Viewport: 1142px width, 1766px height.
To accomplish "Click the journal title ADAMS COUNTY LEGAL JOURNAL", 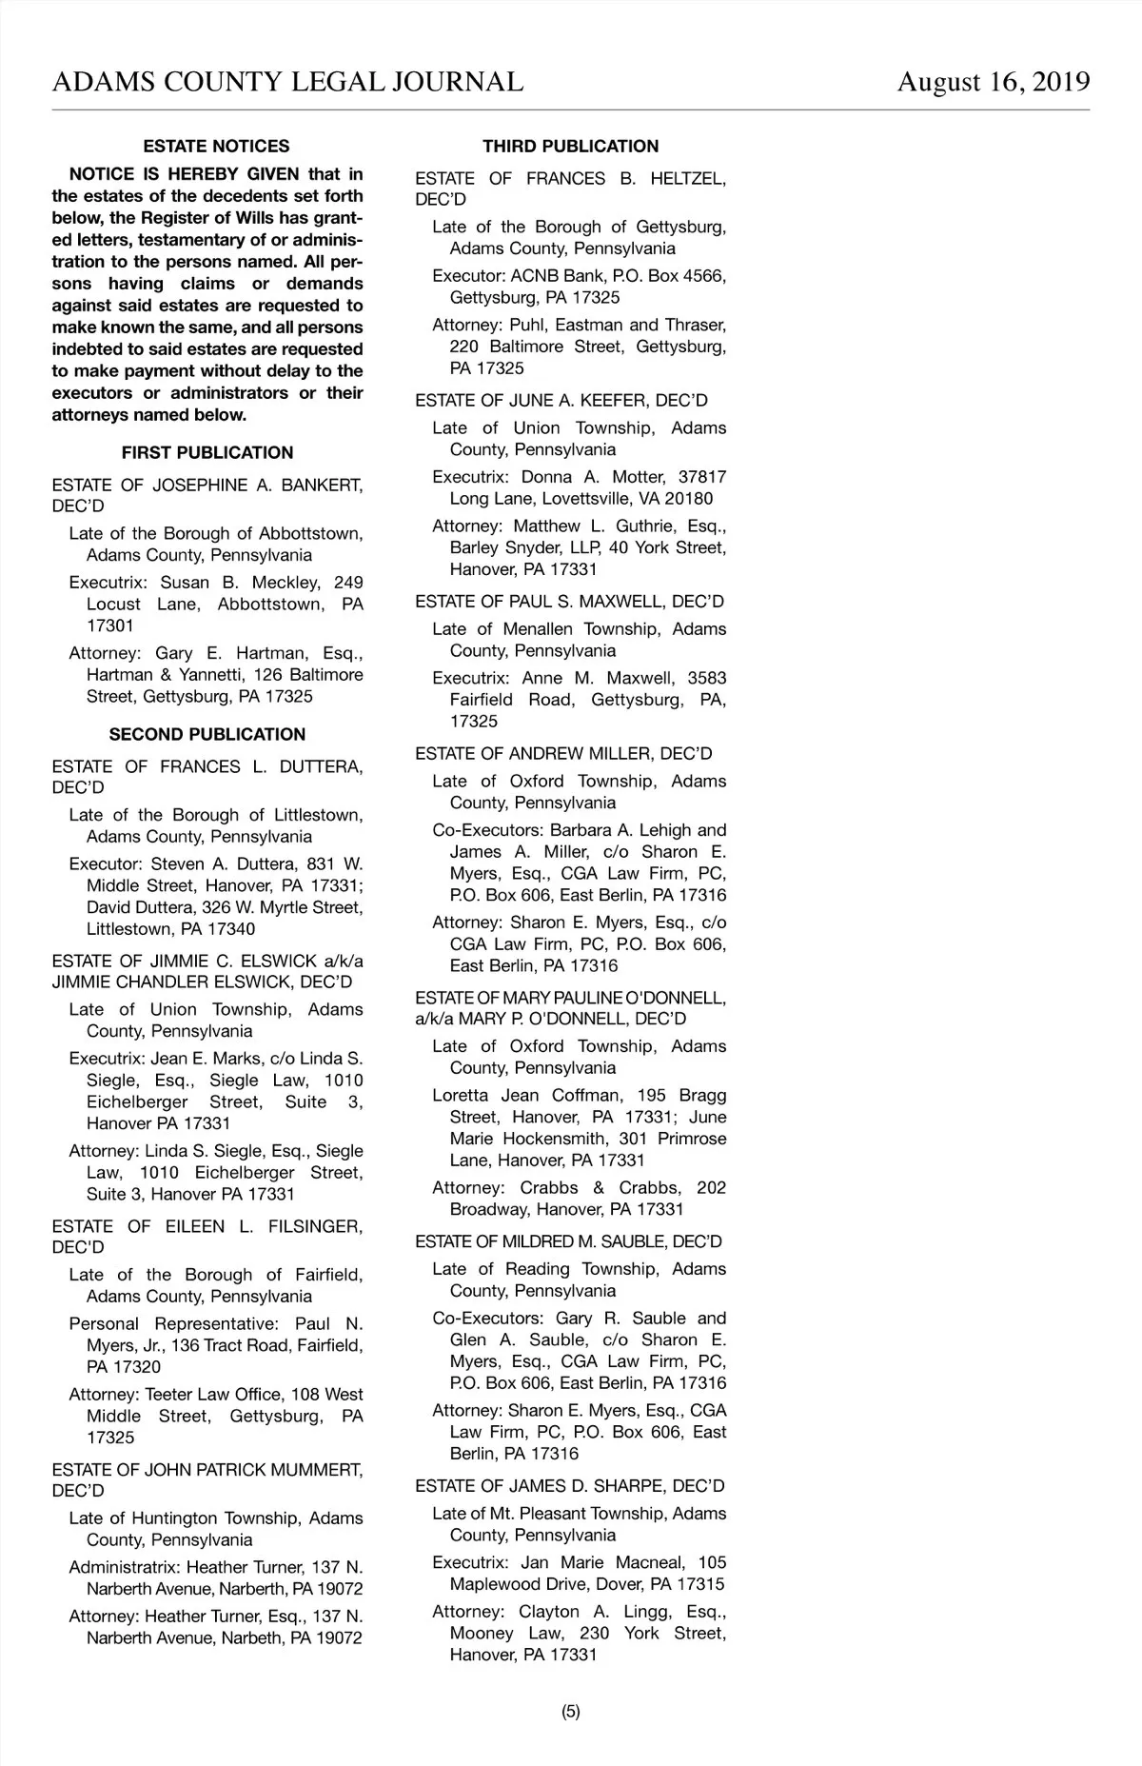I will [x=287, y=82].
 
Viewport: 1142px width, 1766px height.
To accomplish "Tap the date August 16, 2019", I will [x=994, y=82].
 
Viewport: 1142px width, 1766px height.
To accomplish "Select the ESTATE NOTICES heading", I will [x=216, y=147].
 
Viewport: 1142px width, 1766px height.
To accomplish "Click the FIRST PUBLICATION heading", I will [x=207, y=453].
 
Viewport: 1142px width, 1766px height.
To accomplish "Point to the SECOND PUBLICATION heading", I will [x=207, y=735].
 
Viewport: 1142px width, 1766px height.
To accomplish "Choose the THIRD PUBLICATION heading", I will [x=570, y=147].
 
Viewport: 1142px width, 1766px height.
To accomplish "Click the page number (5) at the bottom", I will [x=570, y=1711].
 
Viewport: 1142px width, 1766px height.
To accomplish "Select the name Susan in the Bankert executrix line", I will [x=185, y=583].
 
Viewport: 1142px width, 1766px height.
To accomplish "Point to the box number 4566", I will [x=704, y=276].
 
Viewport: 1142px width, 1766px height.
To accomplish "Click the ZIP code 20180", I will [x=690, y=499].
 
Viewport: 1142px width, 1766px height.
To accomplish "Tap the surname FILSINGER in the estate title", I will [x=315, y=1226].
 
